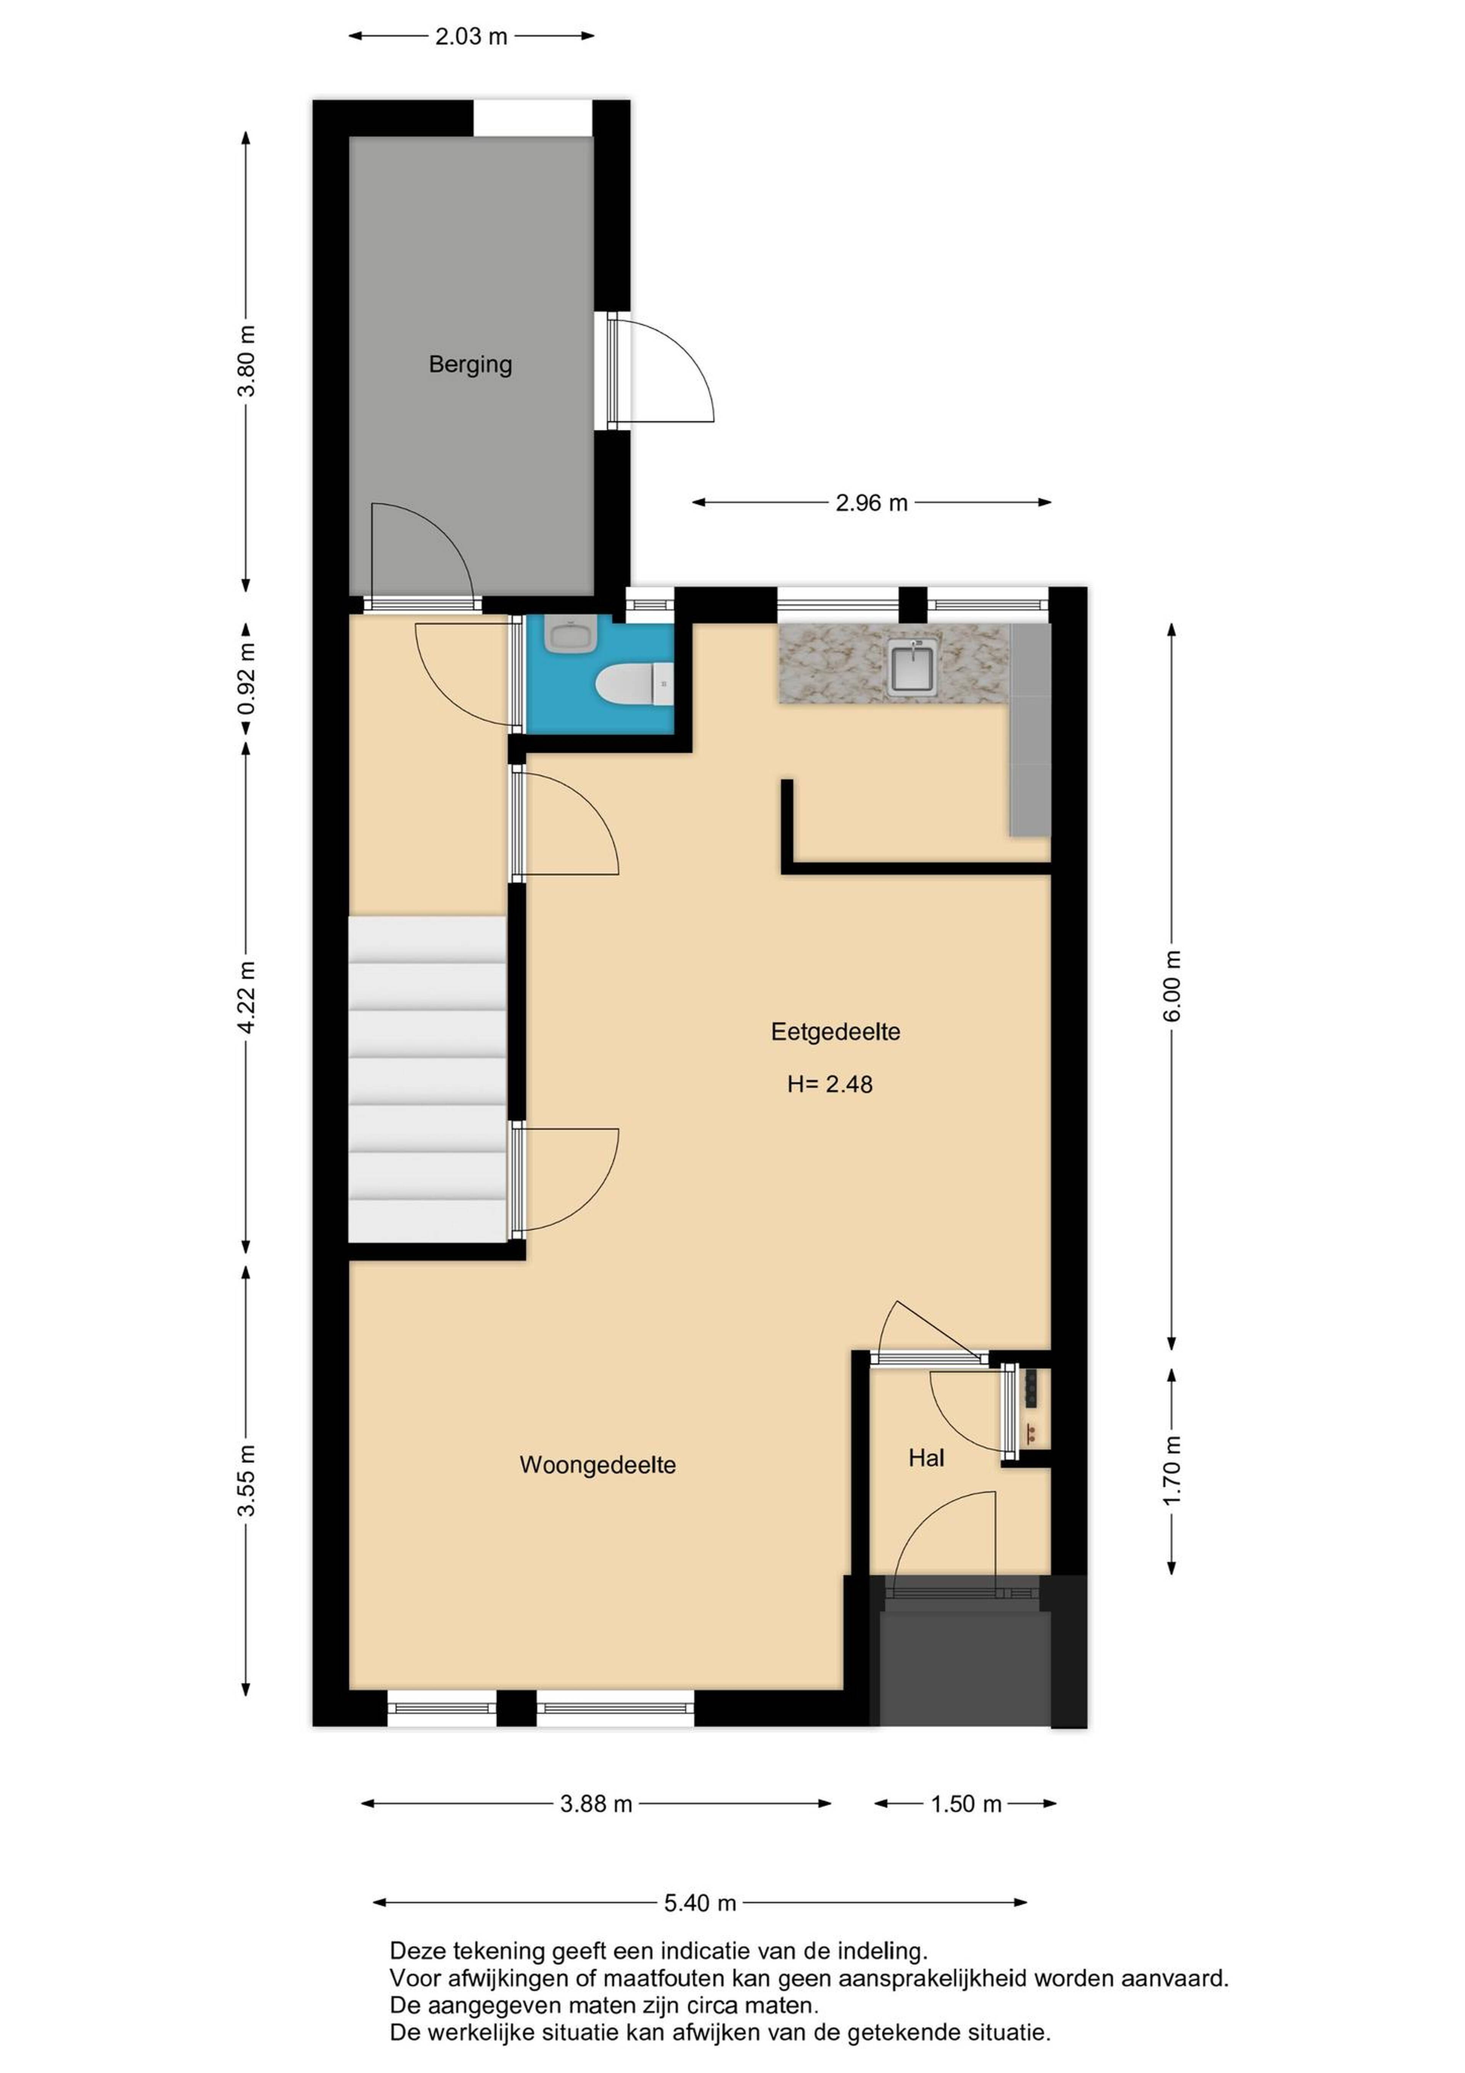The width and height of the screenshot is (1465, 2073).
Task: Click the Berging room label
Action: (470, 365)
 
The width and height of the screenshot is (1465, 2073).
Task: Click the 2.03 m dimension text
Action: (471, 37)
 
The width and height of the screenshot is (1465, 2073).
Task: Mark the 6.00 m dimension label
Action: (1172, 986)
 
